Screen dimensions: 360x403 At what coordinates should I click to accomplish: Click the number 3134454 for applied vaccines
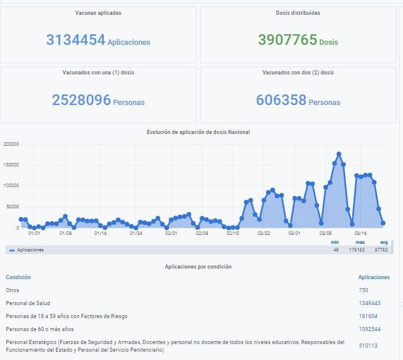76,40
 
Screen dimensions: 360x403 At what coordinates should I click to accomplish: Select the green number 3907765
288,40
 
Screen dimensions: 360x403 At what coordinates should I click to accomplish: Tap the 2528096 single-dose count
81,100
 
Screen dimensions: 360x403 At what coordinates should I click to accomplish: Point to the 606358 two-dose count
281,100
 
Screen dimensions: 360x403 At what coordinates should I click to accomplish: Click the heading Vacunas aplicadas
99,12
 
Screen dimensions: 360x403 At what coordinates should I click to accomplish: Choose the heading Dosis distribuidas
298,12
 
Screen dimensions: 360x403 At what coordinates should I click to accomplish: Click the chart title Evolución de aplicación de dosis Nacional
198,132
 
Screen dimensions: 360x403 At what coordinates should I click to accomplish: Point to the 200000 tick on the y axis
11,144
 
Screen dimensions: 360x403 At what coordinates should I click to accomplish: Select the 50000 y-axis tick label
12,207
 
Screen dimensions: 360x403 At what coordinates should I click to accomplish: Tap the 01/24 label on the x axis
136,233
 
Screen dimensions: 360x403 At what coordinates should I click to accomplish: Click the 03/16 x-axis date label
361,233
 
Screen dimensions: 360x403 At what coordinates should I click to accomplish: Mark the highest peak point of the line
339,154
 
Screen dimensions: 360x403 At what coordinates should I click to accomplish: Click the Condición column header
18,277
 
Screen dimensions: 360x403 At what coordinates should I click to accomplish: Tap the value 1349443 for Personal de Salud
369,303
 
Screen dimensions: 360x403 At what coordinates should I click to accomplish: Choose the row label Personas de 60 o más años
40,329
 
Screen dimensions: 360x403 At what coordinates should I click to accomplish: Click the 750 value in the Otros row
363,290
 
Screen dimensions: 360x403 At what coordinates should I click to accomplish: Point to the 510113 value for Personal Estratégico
368,346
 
